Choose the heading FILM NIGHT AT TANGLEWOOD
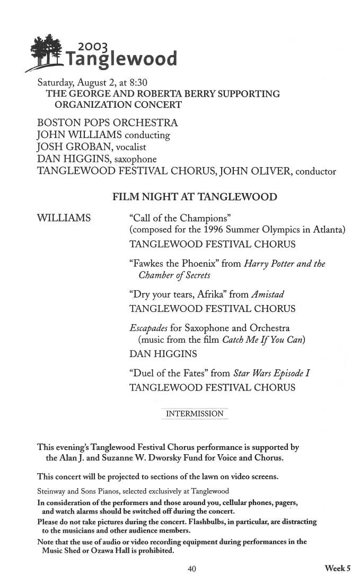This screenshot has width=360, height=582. [x=195, y=197]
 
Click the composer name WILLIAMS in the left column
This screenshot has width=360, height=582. [x=64, y=218]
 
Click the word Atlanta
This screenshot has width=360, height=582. [x=328, y=230]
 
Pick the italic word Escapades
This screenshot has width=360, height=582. [x=148, y=328]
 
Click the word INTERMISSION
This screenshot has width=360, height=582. [x=195, y=414]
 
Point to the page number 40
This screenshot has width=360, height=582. [x=192, y=569]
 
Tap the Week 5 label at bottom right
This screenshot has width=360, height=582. [x=338, y=569]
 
